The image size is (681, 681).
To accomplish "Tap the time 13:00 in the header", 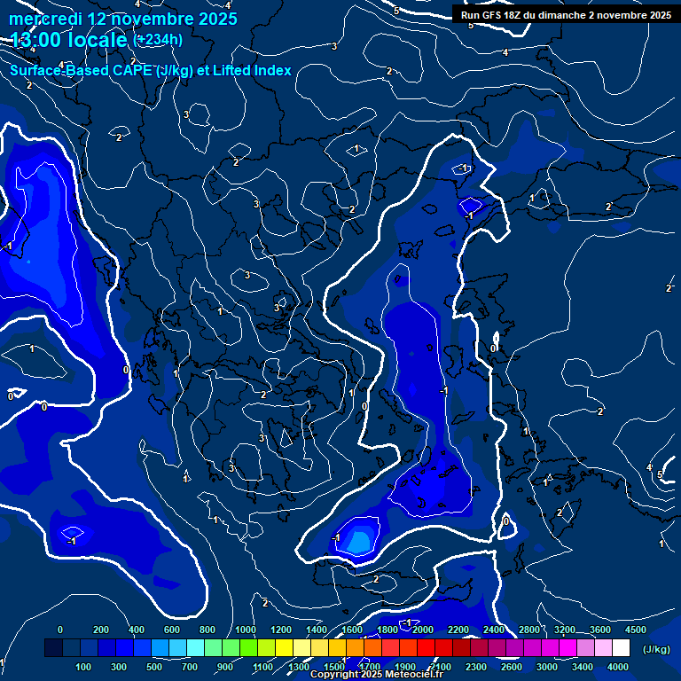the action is tap(37, 39).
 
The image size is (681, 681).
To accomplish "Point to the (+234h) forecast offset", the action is tap(158, 39).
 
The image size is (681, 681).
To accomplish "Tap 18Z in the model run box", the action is tap(513, 15).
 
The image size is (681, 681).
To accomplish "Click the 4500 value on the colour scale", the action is tap(636, 630).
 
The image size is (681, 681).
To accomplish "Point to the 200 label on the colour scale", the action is tap(100, 630).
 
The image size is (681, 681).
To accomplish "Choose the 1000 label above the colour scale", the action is tap(245, 630).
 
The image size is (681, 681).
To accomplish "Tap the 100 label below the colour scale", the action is tap(84, 666).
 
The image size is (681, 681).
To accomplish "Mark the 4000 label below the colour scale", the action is tap(619, 666).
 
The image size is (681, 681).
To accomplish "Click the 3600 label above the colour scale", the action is tap(600, 630).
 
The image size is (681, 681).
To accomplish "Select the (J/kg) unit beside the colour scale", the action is tap(656, 649).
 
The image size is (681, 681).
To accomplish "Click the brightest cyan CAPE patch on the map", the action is tap(360, 539).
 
